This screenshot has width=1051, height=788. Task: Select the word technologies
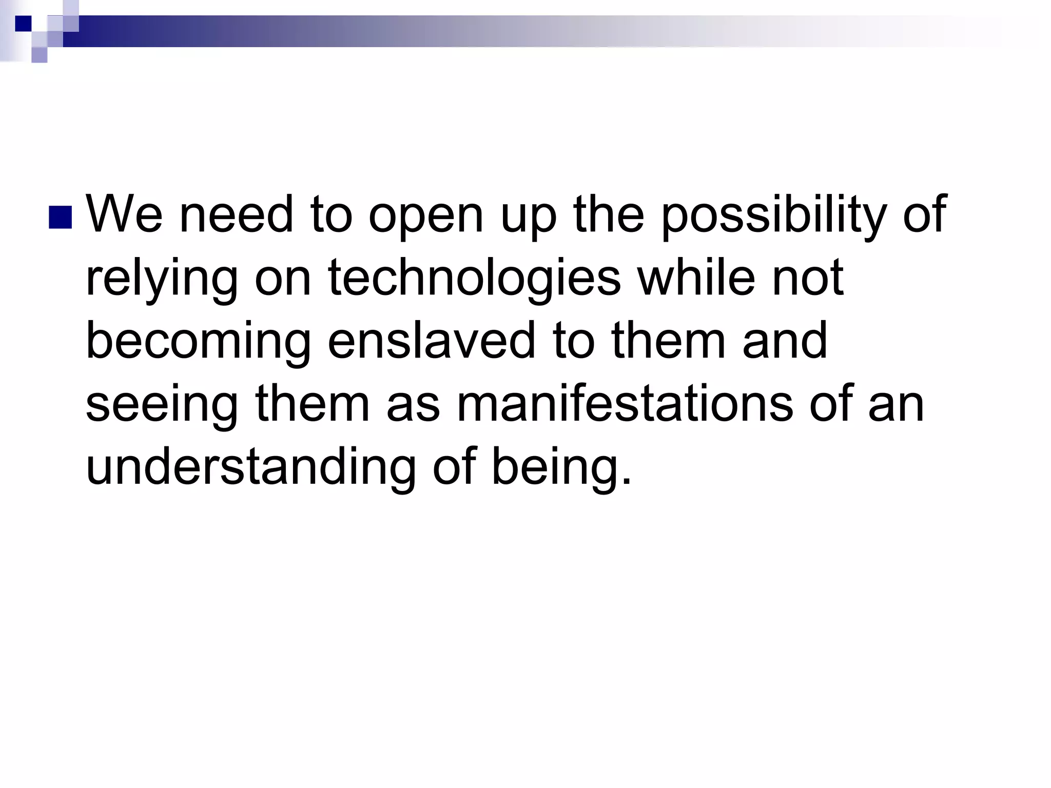[x=474, y=278]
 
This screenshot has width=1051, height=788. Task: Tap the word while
[x=696, y=278]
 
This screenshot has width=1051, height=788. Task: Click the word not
[x=808, y=278]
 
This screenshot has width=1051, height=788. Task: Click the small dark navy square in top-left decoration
[x=24, y=24]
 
